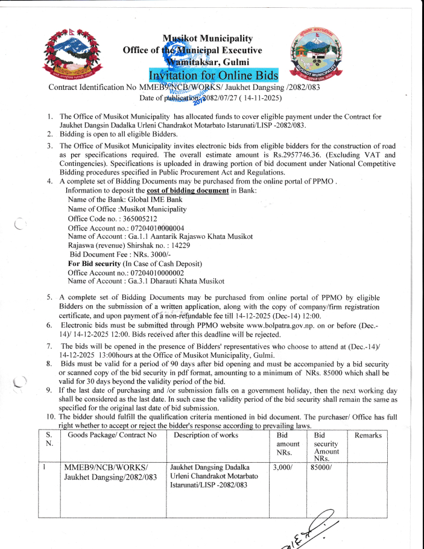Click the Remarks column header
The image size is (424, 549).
pos(368,435)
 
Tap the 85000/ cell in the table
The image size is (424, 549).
pos(320,466)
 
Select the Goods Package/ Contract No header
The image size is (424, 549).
pos(112,435)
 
